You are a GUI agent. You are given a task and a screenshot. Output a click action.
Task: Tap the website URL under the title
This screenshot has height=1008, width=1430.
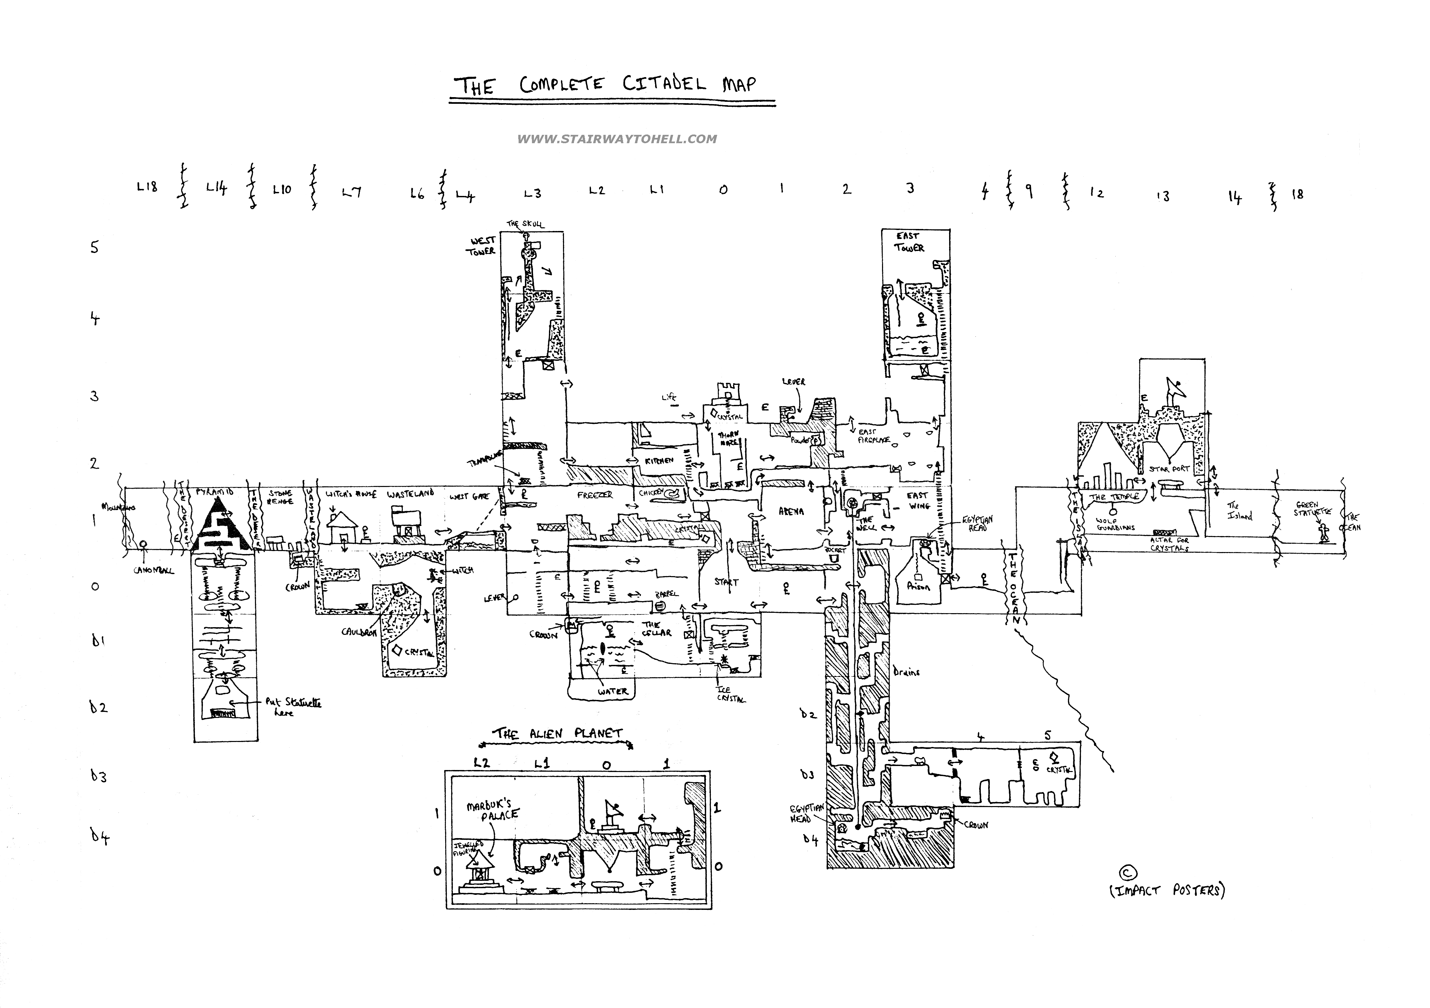pos(617,139)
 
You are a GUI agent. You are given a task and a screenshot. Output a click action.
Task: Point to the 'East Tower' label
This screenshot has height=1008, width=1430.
pos(909,242)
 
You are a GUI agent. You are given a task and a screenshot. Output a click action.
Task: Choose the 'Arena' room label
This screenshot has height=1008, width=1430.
pos(791,511)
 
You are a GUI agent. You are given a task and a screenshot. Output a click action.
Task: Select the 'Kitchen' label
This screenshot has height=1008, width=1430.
pos(659,460)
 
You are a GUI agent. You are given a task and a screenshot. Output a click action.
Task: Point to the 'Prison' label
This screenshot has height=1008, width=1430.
pos(918,586)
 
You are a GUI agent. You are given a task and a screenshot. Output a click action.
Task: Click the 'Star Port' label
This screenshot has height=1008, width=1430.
pos(1169,469)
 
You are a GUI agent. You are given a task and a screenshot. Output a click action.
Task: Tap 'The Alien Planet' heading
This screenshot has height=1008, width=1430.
pos(557,734)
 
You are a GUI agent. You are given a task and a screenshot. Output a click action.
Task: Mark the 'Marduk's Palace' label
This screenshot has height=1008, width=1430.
pos(493,810)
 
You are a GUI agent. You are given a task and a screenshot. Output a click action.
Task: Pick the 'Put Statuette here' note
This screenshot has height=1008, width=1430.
pos(293,707)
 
